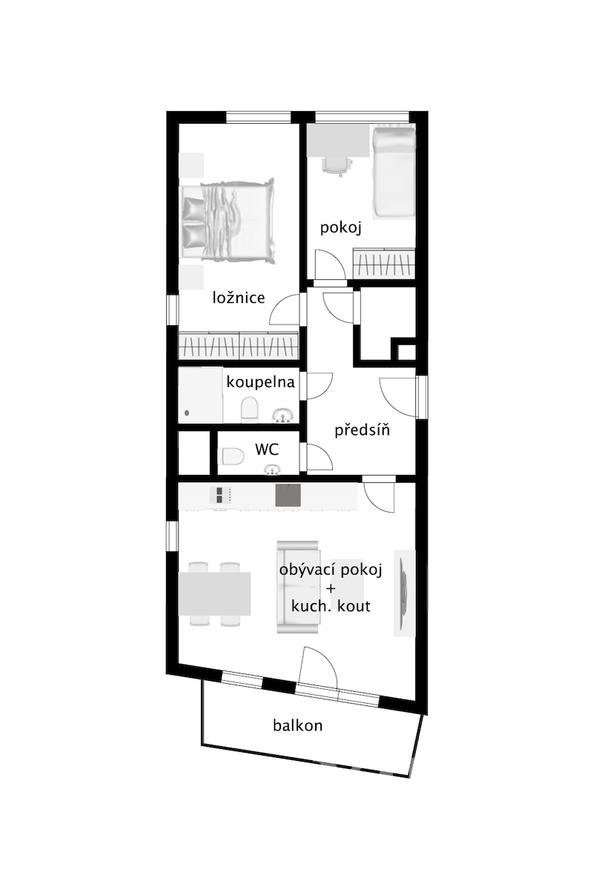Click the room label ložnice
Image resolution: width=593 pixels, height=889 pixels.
tap(239, 298)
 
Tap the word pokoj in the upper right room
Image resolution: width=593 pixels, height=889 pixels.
tap(341, 229)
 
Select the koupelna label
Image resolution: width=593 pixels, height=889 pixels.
tap(261, 382)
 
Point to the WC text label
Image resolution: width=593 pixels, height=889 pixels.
tap(267, 449)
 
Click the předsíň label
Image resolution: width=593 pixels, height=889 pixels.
tap(362, 430)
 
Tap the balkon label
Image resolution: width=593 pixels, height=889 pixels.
tap(297, 725)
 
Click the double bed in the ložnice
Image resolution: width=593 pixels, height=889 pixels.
tap(227, 221)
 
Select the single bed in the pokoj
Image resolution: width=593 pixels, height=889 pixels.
tap(394, 172)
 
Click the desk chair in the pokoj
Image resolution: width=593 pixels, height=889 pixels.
tap(337, 164)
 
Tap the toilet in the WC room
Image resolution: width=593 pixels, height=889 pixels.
tap(231, 456)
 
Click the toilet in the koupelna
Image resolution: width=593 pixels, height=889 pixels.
tap(250, 408)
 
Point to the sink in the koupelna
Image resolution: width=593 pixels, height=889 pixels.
tap(282, 415)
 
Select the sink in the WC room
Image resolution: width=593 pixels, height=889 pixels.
tap(273, 470)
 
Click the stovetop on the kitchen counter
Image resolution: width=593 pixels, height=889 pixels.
tap(220, 496)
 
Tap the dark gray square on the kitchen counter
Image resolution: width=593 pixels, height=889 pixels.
tap(288, 496)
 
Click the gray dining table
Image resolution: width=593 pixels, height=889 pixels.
tap(214, 593)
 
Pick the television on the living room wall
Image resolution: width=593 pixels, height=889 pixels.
tap(404, 593)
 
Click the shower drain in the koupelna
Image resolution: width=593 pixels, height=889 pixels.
tap(187, 413)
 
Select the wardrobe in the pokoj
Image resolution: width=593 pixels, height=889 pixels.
tap(384, 264)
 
